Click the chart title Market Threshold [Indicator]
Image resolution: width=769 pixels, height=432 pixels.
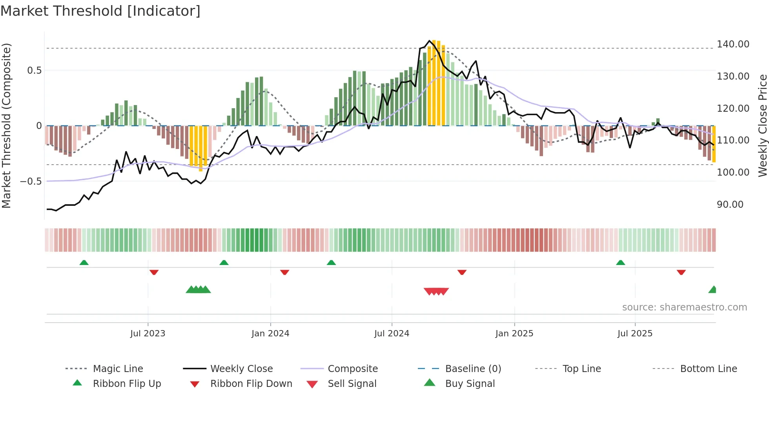click(x=100, y=11)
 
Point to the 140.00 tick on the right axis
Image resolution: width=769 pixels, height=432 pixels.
click(x=733, y=44)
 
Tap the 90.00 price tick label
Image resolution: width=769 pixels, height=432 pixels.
click(x=730, y=205)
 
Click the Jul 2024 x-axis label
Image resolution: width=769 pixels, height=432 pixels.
click(x=392, y=334)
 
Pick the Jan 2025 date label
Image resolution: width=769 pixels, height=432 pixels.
click(x=514, y=334)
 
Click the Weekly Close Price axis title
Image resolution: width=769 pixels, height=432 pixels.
click(x=762, y=125)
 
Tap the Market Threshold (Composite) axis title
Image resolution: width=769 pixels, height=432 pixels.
click(x=7, y=125)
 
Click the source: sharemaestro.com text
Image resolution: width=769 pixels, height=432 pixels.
click(x=684, y=307)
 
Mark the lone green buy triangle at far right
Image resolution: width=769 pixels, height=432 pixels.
click(x=713, y=290)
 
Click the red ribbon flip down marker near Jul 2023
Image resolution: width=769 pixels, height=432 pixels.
click(x=154, y=272)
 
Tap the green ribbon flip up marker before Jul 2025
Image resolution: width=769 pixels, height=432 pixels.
click(x=620, y=263)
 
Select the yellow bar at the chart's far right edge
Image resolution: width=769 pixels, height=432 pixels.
click(x=714, y=144)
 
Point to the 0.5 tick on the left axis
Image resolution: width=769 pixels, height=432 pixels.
click(x=34, y=71)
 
